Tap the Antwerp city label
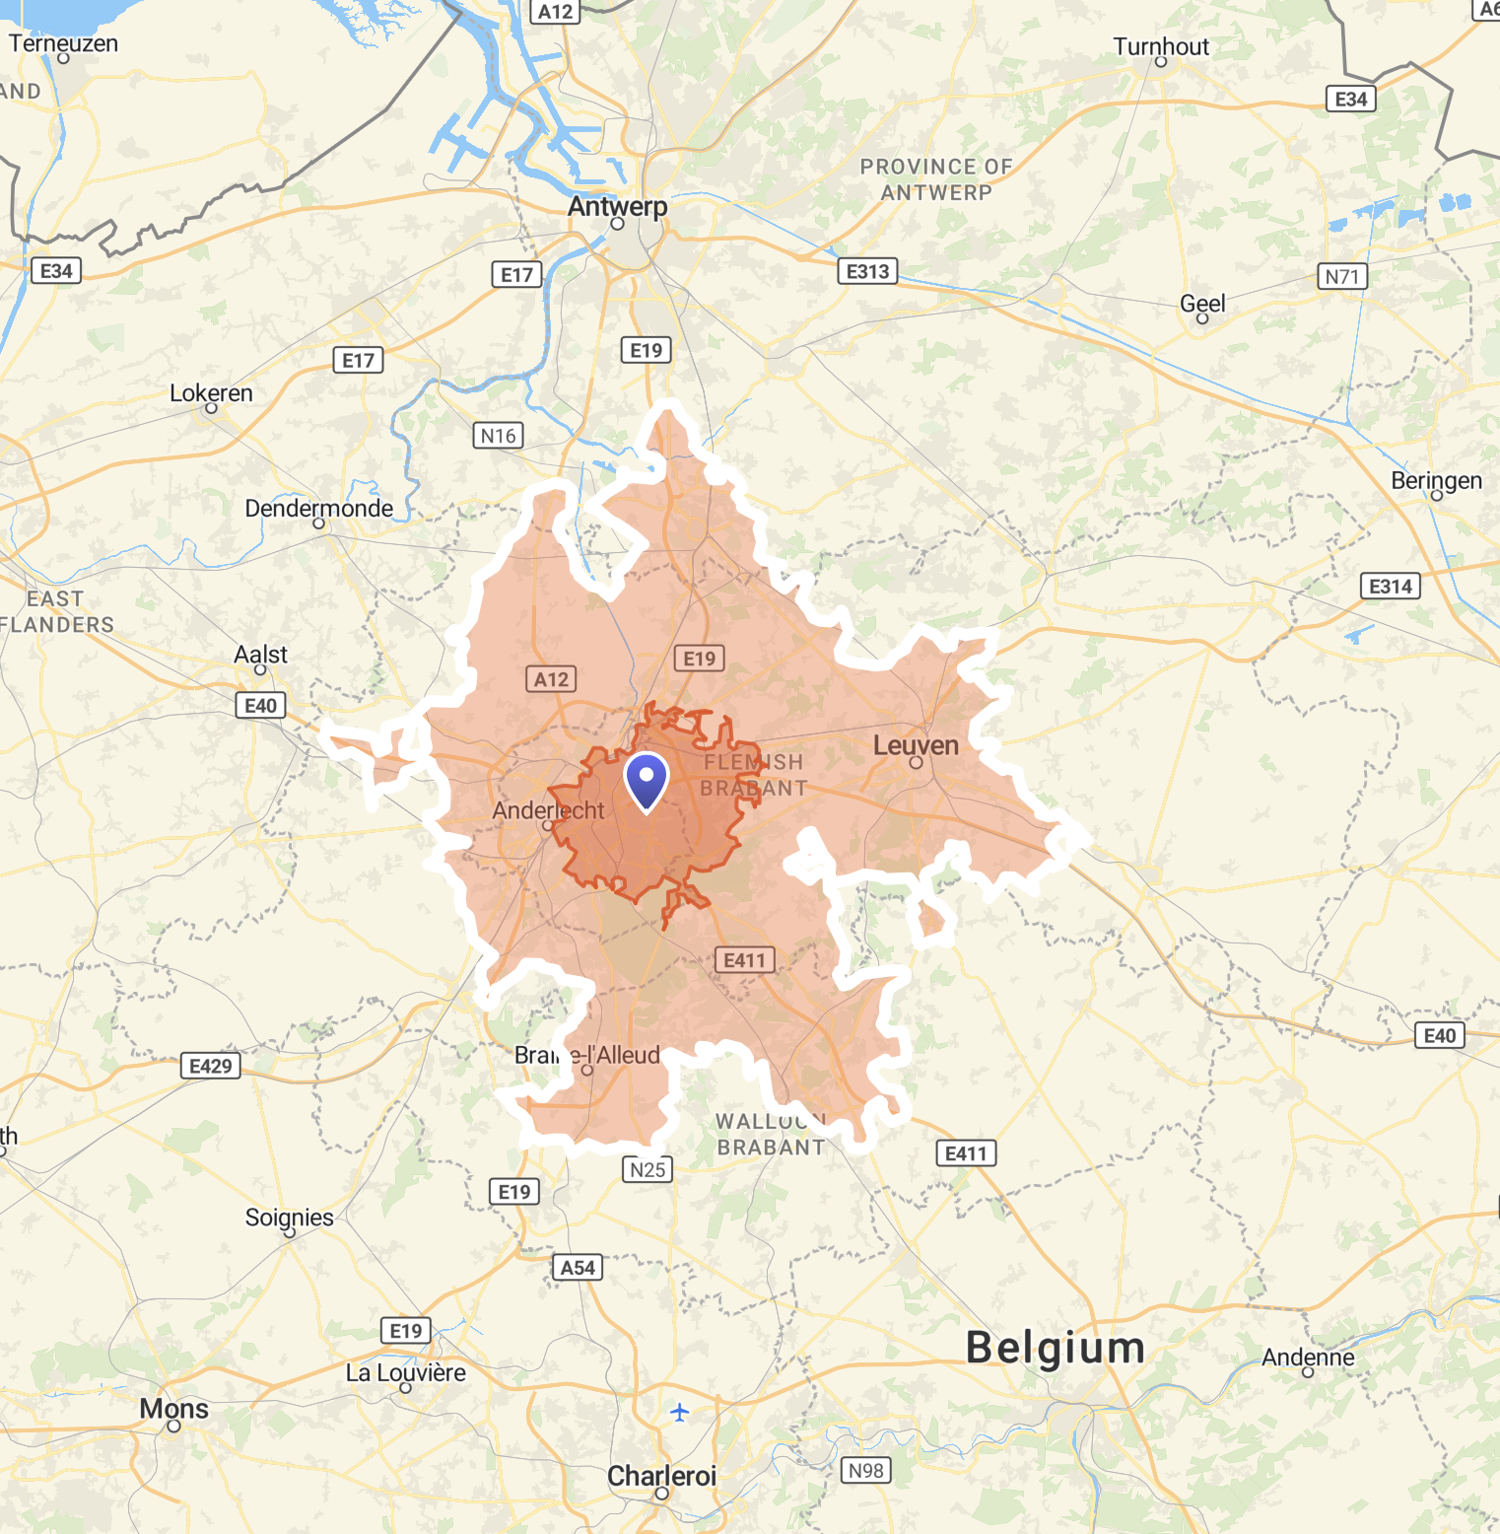click(617, 207)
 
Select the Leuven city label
click(916, 745)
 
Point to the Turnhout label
click(1161, 46)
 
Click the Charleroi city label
click(661, 1476)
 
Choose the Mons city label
click(174, 1409)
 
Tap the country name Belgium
click(1056, 1348)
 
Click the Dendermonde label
click(318, 509)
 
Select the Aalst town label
click(260, 655)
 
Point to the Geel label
click(1202, 304)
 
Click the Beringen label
click(1436, 481)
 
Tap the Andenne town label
click(1308, 1358)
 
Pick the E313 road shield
click(868, 271)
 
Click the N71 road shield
click(1342, 276)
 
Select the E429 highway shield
click(211, 1066)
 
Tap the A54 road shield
click(578, 1268)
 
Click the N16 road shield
click(499, 436)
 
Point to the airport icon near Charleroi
click(679, 1413)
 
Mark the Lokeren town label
click(211, 393)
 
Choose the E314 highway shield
click(1391, 587)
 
